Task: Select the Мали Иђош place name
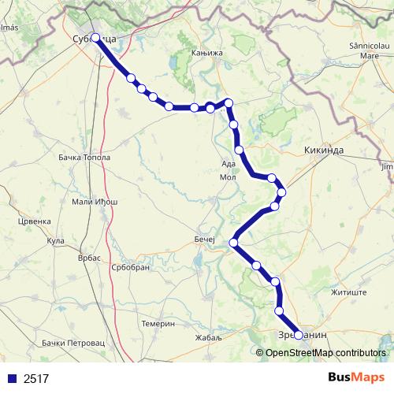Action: click(x=95, y=203)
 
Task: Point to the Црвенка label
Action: click(x=34, y=221)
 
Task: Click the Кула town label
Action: click(x=55, y=240)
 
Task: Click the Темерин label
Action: click(x=158, y=324)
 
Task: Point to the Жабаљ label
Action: click(x=209, y=337)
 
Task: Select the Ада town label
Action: click(x=229, y=164)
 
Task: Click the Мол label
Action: click(x=228, y=177)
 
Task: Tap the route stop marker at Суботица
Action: click(x=95, y=38)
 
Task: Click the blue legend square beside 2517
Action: click(x=12, y=378)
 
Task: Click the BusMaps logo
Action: click(x=357, y=377)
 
